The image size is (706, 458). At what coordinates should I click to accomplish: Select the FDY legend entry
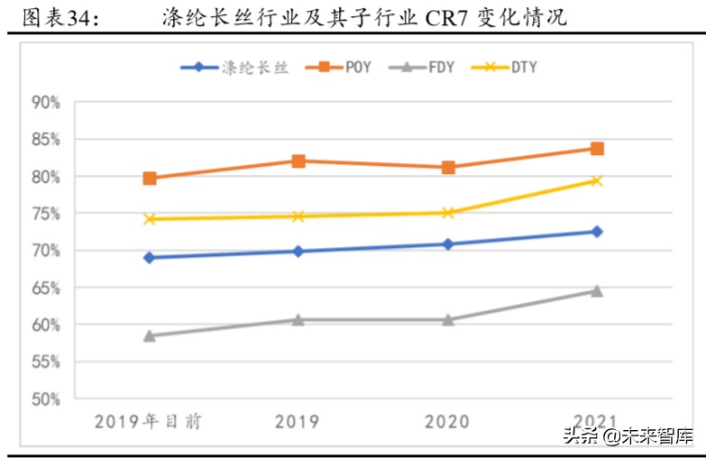440,68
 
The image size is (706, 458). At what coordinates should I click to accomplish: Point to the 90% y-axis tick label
46,103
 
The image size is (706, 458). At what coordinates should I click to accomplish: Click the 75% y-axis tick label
46,214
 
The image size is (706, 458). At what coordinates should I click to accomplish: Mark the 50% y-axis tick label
46,398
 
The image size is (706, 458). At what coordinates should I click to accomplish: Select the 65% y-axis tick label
46,288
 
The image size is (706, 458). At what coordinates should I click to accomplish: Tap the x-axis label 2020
447,421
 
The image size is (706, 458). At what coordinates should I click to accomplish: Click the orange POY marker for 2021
597,149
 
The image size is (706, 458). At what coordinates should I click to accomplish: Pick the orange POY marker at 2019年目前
150,179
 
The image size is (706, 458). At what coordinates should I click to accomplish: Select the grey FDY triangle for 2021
597,290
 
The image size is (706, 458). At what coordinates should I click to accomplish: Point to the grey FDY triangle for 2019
298,319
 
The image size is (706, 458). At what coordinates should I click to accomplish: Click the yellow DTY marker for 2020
447,213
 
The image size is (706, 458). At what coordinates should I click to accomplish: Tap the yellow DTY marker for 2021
597,180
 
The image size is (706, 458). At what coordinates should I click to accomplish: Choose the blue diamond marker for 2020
447,244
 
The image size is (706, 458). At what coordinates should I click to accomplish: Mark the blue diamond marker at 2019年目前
150,258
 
